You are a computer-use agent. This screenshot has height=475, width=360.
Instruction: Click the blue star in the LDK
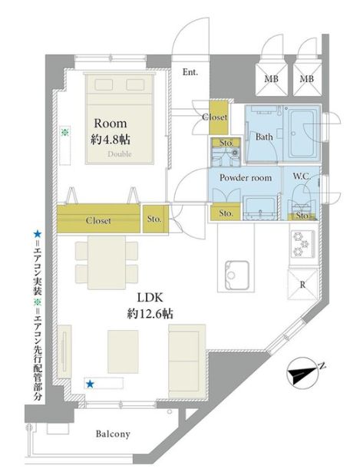click(x=90, y=384)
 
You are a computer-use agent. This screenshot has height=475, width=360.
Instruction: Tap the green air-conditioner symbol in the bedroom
click(x=64, y=133)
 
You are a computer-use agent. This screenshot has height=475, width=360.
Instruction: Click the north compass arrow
click(x=303, y=372)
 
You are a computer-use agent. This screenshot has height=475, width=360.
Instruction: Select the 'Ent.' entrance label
click(x=190, y=72)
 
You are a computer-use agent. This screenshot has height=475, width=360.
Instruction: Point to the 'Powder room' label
click(x=246, y=178)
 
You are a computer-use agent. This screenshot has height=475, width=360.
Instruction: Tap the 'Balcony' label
click(x=113, y=434)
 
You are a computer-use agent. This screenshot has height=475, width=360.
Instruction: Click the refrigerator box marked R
click(x=302, y=284)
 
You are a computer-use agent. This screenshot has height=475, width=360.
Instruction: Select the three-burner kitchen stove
click(x=303, y=244)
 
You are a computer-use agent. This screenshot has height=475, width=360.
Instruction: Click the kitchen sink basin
click(x=237, y=275)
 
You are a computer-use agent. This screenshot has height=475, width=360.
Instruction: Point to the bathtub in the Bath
click(x=302, y=134)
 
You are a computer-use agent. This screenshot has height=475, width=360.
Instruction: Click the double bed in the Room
click(x=120, y=118)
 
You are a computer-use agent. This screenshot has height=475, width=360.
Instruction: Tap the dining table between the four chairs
click(x=107, y=262)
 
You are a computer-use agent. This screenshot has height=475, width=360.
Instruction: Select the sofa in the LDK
click(x=187, y=361)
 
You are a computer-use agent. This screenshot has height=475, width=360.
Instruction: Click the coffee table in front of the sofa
click(x=123, y=351)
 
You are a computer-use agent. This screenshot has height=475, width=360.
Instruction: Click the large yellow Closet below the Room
click(x=98, y=219)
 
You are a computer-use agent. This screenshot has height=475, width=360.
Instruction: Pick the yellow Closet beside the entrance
click(x=219, y=117)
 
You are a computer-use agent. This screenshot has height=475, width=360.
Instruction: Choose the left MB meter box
click(x=272, y=79)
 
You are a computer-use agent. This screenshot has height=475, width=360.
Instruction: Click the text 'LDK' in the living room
click(x=150, y=298)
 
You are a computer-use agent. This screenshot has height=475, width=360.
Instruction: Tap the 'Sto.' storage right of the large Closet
click(x=156, y=219)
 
